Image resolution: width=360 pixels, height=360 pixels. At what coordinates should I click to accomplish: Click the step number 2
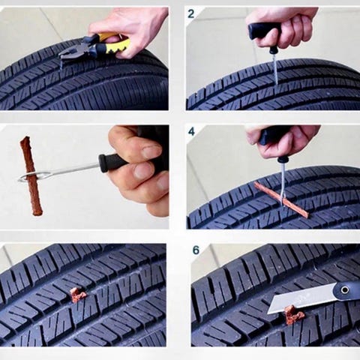point(191,13)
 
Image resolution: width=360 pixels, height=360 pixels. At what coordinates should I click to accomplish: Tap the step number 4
point(191,131)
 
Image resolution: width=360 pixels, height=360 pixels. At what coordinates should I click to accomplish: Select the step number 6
point(196,250)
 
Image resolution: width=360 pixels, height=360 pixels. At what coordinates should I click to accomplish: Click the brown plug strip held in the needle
point(31,175)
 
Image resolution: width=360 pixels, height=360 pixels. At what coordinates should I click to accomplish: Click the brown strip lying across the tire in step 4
point(281,199)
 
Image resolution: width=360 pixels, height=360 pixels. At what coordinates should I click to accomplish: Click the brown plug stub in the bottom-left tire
point(77,295)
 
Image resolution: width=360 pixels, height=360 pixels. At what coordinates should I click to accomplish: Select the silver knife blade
point(302,298)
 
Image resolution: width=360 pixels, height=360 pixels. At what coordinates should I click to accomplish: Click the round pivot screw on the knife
point(345,290)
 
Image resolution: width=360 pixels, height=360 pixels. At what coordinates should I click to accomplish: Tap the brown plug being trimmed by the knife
point(294,315)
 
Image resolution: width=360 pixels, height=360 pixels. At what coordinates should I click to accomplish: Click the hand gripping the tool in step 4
point(283,141)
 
